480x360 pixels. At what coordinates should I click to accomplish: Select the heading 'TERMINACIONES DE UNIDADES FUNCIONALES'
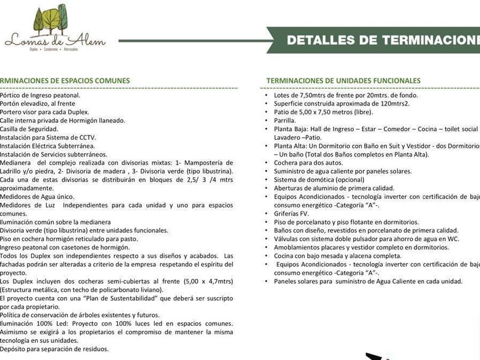coord(343,81)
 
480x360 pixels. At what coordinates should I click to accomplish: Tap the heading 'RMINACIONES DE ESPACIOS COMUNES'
coord(65,81)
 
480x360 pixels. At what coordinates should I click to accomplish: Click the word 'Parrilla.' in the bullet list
coord(285,121)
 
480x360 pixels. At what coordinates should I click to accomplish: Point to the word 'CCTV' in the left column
coord(87,138)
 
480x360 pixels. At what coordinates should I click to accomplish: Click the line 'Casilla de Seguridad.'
coord(29,129)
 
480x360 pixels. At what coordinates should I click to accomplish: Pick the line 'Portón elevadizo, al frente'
coord(38,104)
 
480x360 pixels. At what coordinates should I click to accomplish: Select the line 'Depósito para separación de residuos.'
coord(54,349)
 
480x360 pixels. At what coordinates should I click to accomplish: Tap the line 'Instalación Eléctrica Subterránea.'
coord(47,146)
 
